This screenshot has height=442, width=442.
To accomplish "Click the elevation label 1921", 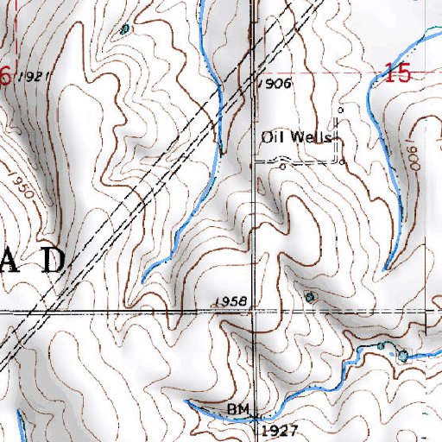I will click(29, 76).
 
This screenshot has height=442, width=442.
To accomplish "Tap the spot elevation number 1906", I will click(276, 84).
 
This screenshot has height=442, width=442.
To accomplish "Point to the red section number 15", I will click(397, 74).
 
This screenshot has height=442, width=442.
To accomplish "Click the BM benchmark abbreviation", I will click(237, 406).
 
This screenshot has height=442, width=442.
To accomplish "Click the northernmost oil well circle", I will click(340, 110).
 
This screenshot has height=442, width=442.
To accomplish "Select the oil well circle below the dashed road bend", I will click(282, 167).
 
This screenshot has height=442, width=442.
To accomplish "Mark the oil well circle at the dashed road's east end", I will click(342, 161).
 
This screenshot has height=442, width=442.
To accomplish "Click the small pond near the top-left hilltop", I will click(125, 28).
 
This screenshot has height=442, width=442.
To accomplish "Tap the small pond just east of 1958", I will click(311, 297).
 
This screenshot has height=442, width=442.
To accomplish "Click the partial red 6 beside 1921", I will click(4, 76).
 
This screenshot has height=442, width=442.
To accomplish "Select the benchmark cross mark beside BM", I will click(254, 414).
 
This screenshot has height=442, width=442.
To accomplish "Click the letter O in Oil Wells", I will click(266, 136).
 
